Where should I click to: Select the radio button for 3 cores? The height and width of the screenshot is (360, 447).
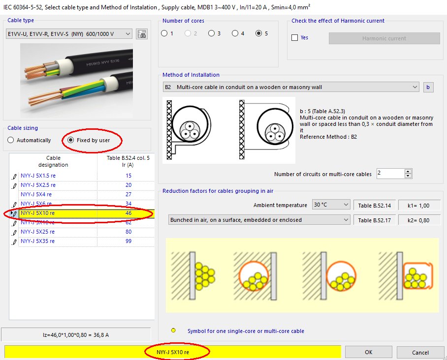point(211,33)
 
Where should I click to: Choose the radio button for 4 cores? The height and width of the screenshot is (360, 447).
point(235,33)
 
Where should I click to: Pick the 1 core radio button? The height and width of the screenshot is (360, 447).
point(164,33)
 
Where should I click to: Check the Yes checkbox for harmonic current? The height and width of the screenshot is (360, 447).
point(295,38)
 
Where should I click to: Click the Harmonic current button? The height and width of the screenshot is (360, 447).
point(384,38)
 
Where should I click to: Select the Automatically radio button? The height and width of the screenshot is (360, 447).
point(11,140)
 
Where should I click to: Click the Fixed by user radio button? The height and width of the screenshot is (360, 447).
point(70,140)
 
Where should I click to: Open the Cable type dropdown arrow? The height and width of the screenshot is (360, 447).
point(128,34)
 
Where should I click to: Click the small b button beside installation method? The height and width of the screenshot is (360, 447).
point(428,88)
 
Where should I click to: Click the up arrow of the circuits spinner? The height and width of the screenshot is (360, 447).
point(408,171)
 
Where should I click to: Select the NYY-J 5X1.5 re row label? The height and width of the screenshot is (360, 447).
point(39,176)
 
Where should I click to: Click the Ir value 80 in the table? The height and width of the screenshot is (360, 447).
point(128,232)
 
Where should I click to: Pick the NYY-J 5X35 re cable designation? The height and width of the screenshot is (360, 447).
point(38,241)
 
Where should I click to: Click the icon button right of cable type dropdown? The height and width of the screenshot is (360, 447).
point(142,34)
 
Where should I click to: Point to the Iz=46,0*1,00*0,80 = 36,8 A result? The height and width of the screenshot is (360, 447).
point(76,335)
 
